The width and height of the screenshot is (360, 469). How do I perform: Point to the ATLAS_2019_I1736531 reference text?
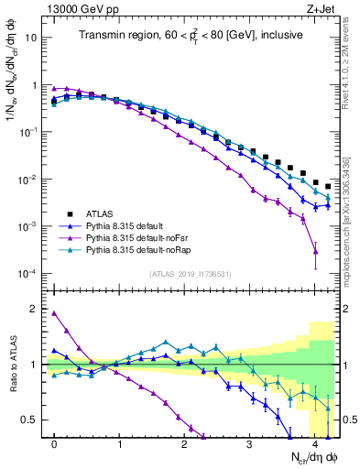[191, 274]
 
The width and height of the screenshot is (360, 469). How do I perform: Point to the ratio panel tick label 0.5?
[34, 420]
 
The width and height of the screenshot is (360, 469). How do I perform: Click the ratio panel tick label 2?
[38, 309]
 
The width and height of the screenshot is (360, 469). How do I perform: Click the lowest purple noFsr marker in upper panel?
[315, 251]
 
